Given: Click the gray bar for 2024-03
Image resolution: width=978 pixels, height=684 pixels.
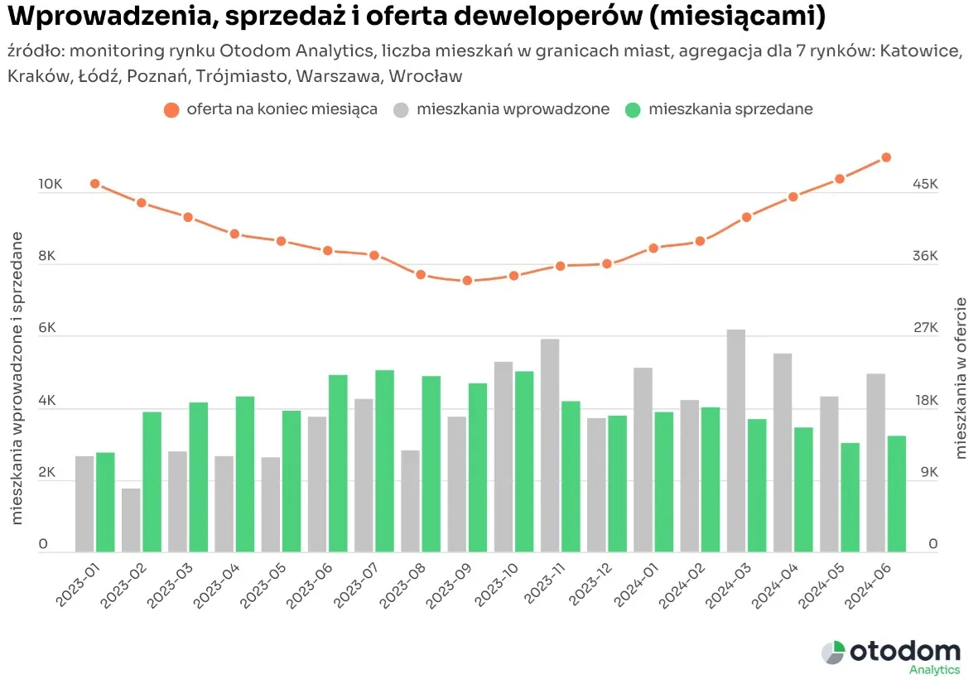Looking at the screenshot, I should click(736, 441).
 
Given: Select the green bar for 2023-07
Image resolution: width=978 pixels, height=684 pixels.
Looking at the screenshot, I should click(384, 460).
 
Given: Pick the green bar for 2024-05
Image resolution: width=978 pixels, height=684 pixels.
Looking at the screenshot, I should click(850, 497).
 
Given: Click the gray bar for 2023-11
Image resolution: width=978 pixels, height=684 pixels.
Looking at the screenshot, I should click(550, 446).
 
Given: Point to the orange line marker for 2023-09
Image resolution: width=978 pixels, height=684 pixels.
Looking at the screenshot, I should click(467, 281).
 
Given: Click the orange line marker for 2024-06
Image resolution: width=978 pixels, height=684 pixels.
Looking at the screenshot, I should click(885, 157).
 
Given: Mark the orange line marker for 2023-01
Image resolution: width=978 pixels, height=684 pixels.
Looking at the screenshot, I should click(95, 184).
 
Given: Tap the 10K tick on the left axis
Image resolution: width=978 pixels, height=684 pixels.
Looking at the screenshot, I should click(51, 184).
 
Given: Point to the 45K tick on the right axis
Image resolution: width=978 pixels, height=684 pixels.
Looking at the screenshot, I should click(925, 184).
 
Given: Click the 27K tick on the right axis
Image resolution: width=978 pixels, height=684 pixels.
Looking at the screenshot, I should click(925, 328).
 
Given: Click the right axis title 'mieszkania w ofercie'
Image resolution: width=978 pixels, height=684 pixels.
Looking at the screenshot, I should click(961, 378).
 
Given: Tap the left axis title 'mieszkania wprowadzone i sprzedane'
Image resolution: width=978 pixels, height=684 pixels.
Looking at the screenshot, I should click(17, 377).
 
